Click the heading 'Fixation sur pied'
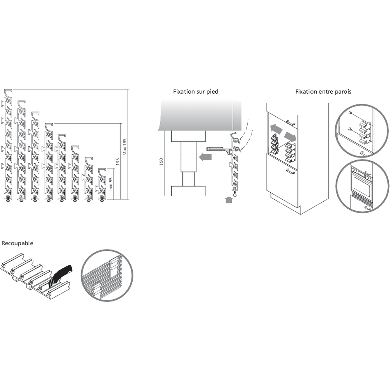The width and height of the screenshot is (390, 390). coord(196,92)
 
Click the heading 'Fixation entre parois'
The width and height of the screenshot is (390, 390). coord(323,92)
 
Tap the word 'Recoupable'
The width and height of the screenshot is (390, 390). coord(18,243)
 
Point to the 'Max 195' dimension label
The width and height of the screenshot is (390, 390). coord(125,147)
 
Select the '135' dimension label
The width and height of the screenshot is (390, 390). coord(118,161)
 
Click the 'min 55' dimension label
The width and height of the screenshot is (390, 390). coord(111,184)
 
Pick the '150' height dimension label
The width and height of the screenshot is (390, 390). coord(161,162)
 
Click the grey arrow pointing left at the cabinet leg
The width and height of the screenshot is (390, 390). coord(206,157)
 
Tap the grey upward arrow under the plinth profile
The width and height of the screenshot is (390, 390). coord(229,199)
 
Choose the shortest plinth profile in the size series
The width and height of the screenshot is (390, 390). coord(101,184)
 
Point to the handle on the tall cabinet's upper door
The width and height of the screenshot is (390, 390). coord(290,122)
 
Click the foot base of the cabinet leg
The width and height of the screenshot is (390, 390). coord(188,191)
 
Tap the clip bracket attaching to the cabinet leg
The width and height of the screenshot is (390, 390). coord(219,150)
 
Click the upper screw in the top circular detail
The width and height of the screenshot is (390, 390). coord(351,113)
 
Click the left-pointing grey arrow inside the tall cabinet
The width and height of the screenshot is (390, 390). coord(277,129)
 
